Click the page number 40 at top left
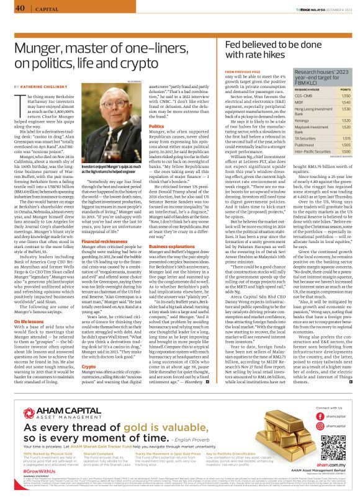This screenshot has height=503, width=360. (x=20, y=8)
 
